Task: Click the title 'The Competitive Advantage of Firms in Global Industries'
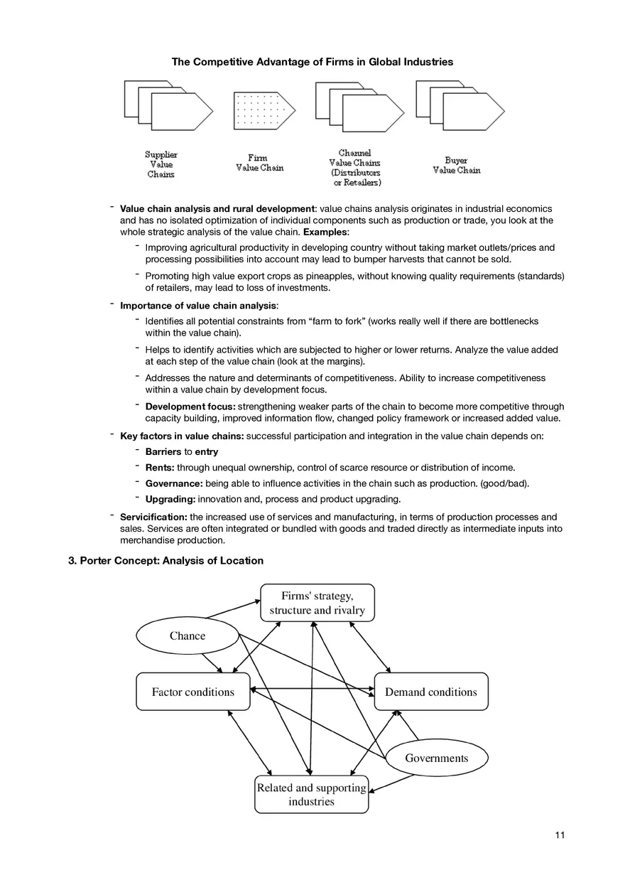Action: [x=312, y=63]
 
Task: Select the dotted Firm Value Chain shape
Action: [x=263, y=110]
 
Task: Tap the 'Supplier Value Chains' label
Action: [x=161, y=164]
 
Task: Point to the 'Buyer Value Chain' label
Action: [x=457, y=166]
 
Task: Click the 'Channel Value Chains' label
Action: [x=354, y=168]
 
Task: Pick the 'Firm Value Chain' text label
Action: [x=259, y=163]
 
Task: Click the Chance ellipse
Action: [x=187, y=636]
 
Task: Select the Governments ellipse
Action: [x=436, y=758]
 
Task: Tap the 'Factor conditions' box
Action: [x=193, y=692]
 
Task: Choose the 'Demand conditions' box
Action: [x=431, y=692]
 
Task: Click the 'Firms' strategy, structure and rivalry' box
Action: [x=317, y=603]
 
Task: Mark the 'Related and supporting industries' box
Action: [x=311, y=795]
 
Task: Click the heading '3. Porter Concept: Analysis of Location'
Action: [x=165, y=561]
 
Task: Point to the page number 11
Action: [x=560, y=835]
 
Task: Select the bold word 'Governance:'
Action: [x=174, y=483]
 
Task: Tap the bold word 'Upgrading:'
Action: [x=170, y=499]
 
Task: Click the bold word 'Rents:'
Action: [x=161, y=468]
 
